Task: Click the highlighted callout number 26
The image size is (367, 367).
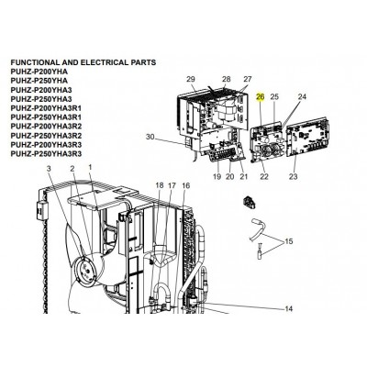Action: click(261, 97)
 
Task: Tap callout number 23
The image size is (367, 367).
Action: click(293, 176)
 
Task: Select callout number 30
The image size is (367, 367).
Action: click(150, 137)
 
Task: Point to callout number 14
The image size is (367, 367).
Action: click(289, 309)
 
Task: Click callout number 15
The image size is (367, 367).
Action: click(289, 241)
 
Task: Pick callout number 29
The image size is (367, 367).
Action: click(191, 79)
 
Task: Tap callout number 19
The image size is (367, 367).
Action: click(217, 176)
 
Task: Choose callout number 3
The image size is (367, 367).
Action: click(50, 168)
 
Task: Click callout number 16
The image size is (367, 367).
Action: click(186, 185)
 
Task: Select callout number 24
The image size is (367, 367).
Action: click(302, 97)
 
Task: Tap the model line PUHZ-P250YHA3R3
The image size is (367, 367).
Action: click(46, 154)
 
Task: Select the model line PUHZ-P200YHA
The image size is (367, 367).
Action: click(39, 72)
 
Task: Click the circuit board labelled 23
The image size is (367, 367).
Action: click(308, 136)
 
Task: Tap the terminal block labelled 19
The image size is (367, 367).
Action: click(223, 153)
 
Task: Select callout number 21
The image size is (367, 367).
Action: click(243, 176)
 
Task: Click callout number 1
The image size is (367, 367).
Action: click(90, 167)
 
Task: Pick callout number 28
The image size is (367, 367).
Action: click(227, 79)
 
